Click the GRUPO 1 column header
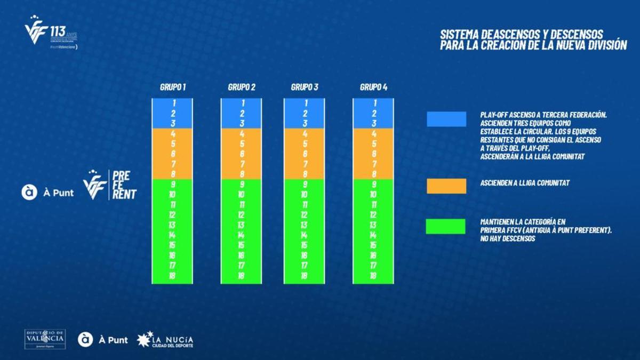[173, 87]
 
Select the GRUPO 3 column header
[304, 87]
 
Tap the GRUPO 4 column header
[373, 87]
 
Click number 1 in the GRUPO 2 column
[242, 103]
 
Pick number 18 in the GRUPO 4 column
[373, 276]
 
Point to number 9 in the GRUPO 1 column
[173, 185]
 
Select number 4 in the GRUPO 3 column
[305, 134]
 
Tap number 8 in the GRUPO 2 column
[242, 174]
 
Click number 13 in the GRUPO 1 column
[173, 225]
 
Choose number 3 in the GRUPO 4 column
[373, 123]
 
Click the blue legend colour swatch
[446, 119]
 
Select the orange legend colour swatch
[446, 185]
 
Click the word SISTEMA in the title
[459, 34]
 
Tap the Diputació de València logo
[45, 339]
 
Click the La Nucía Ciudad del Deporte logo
[165, 339]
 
